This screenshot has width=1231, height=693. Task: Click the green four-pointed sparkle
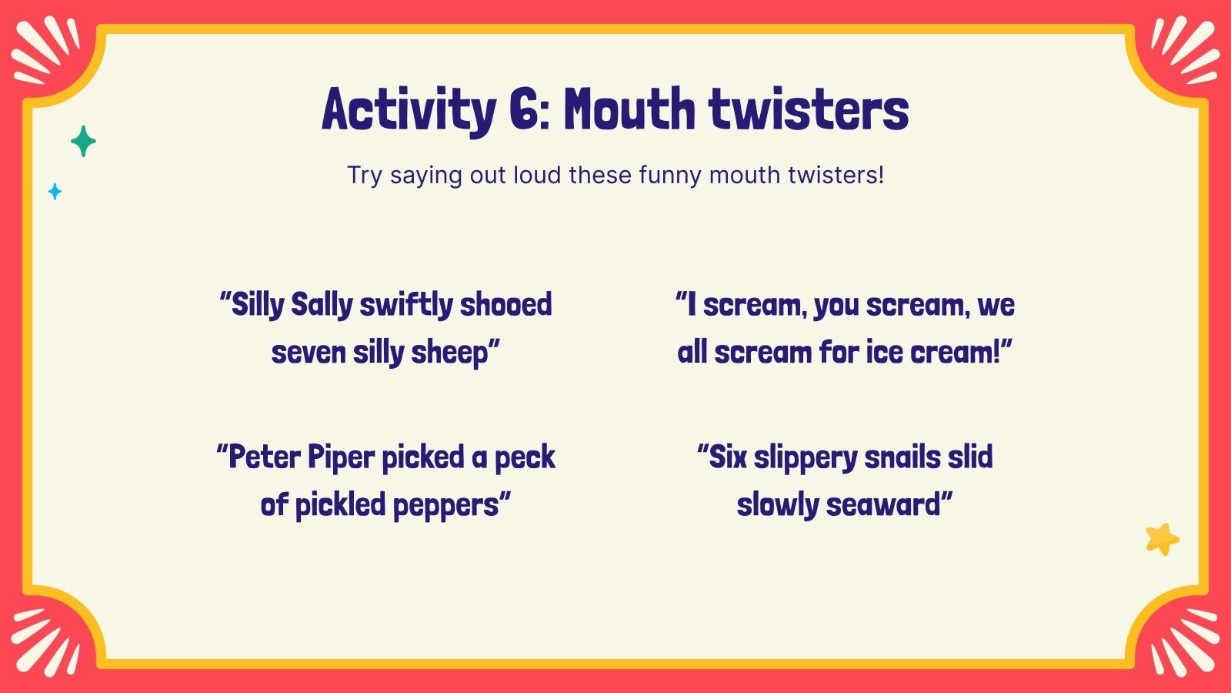click(83, 141)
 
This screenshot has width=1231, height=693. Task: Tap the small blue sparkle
click(55, 191)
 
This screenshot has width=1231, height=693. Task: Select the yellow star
click(1162, 538)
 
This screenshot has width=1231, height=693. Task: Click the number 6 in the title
click(526, 110)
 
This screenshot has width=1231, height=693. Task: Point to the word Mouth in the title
click(629, 110)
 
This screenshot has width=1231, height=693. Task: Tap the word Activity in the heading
click(409, 110)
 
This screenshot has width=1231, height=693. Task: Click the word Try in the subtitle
click(364, 176)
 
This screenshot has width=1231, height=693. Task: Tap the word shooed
click(505, 305)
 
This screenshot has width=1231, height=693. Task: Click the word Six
click(726, 457)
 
